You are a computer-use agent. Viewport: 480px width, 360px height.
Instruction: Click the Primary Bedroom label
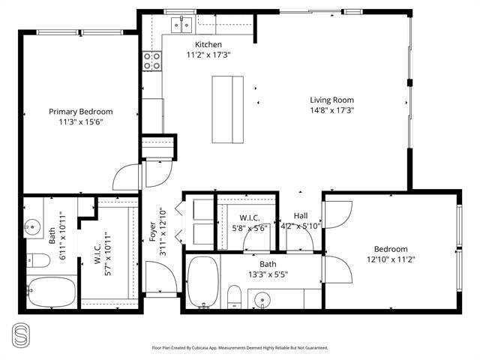[x=81, y=112]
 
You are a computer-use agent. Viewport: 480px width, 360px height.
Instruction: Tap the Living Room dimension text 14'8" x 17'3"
[x=332, y=110]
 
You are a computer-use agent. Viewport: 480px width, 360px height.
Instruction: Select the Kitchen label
[x=208, y=44]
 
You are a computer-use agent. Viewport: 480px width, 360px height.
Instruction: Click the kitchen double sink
[x=181, y=25]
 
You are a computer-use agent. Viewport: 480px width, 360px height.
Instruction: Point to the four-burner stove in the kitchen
[x=152, y=61]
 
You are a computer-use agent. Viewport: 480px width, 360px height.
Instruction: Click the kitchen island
[x=228, y=109]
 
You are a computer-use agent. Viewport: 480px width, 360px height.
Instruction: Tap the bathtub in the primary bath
[x=52, y=292]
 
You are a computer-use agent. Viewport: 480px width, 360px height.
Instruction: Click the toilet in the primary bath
[x=38, y=260]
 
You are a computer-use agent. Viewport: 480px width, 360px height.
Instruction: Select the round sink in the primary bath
[x=32, y=227]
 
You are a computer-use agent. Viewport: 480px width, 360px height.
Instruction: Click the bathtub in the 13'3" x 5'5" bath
[x=203, y=282]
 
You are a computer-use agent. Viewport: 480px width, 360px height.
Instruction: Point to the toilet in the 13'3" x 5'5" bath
[x=235, y=297]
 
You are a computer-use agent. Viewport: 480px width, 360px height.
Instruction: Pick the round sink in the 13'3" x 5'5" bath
[x=262, y=300]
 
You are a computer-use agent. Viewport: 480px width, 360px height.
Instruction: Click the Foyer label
[x=152, y=232]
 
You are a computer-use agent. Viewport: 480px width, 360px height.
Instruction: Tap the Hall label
[x=301, y=216]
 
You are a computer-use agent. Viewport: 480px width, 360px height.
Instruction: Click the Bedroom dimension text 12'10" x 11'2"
[x=391, y=259]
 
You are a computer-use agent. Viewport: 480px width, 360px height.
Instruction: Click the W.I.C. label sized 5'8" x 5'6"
[x=250, y=218]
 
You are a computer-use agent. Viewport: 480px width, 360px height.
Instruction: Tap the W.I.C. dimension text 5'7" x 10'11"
[x=108, y=256]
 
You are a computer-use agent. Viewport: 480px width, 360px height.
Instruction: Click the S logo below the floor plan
[x=21, y=336]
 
